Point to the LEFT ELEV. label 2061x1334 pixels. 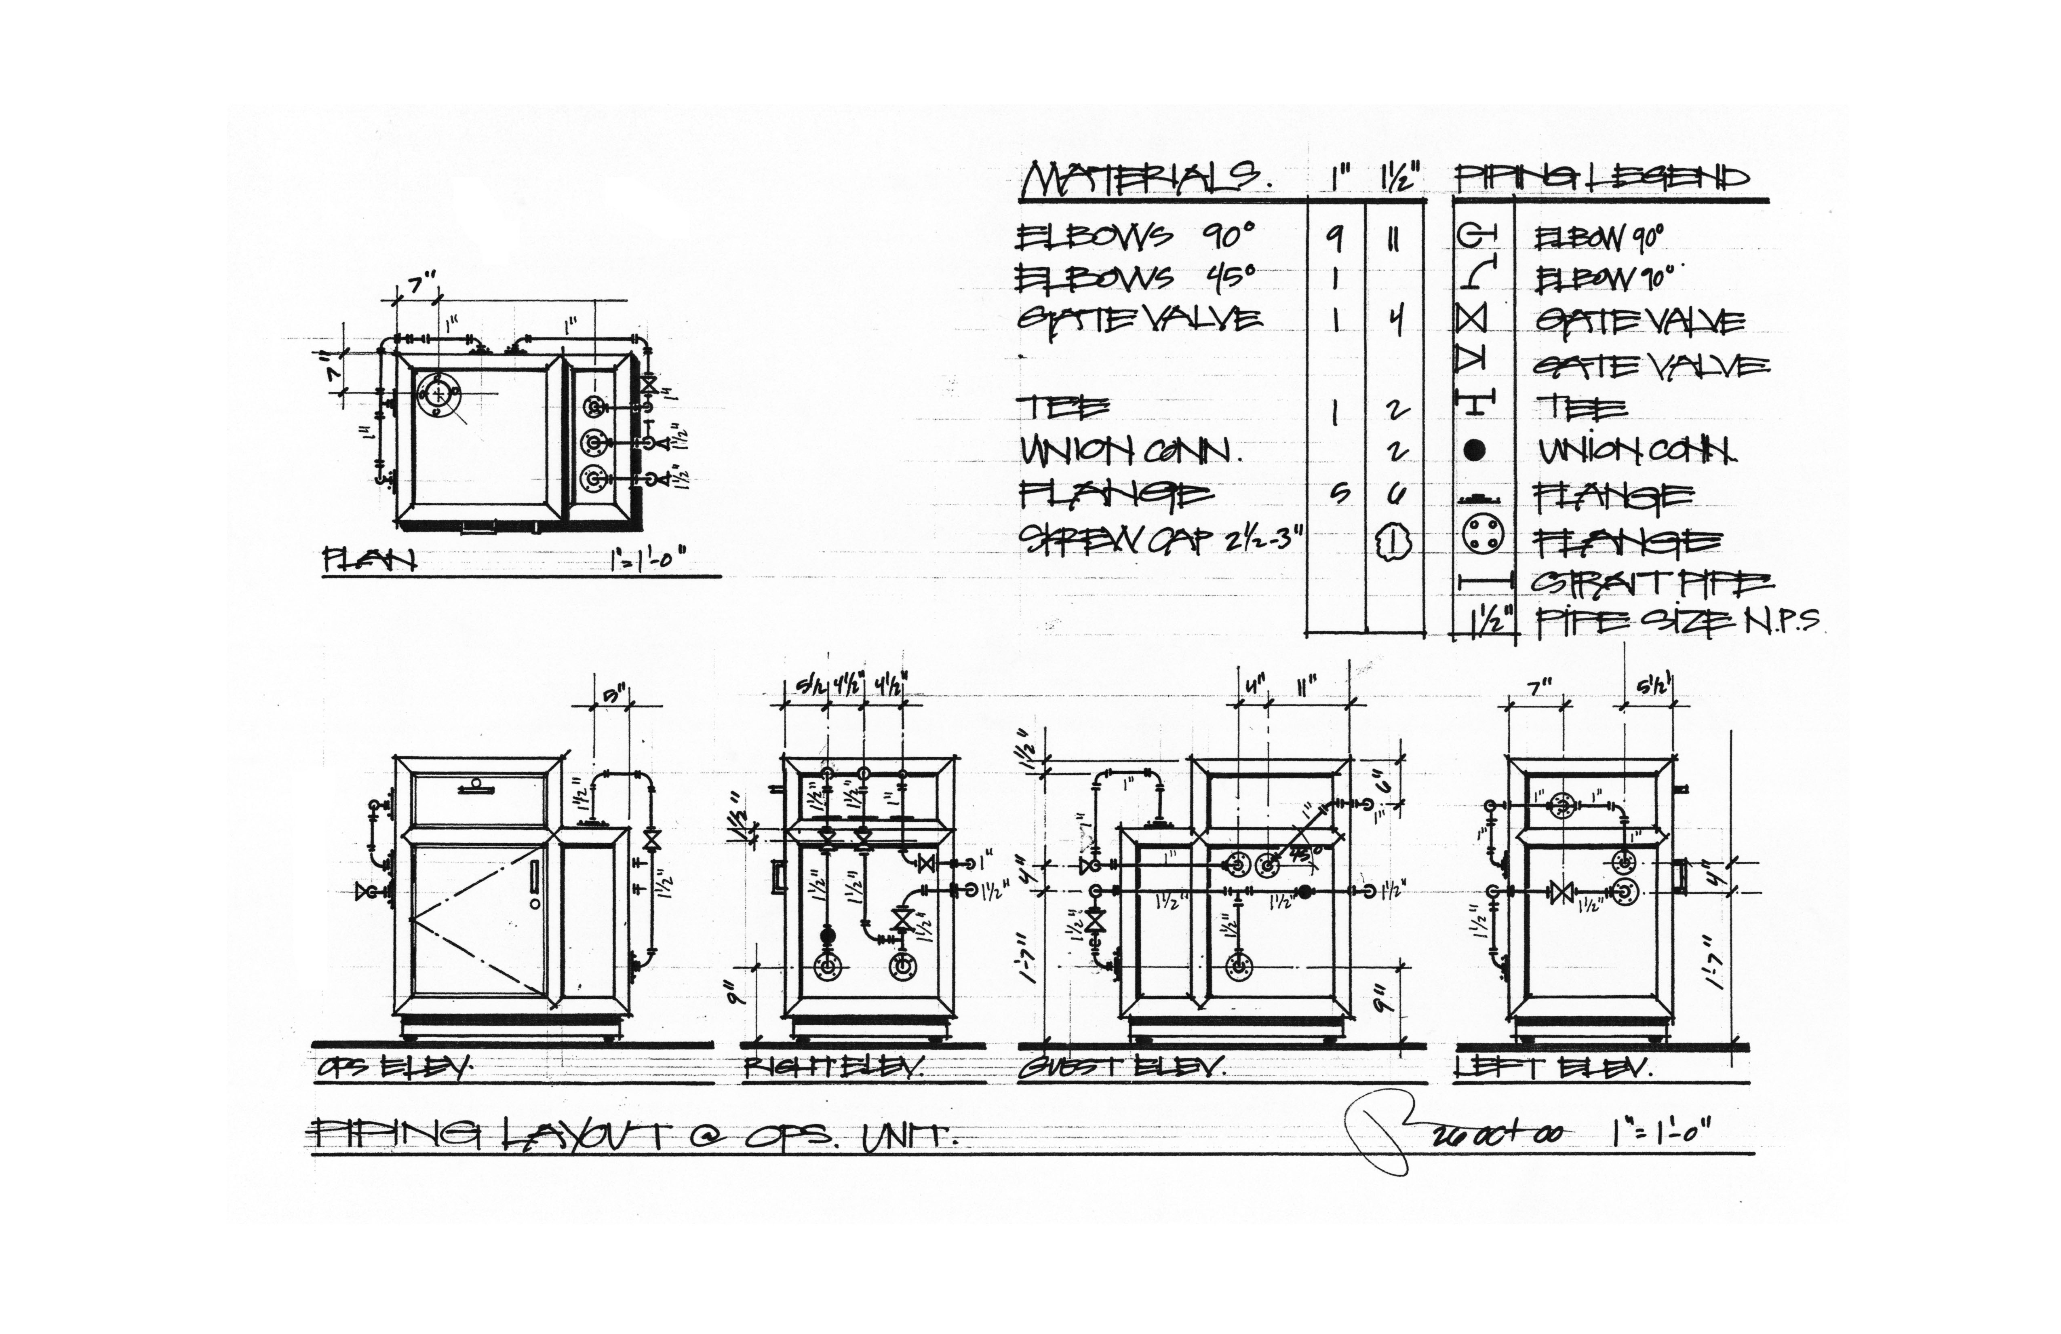tap(1553, 1068)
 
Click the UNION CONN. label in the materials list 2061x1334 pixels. tap(1130, 450)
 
